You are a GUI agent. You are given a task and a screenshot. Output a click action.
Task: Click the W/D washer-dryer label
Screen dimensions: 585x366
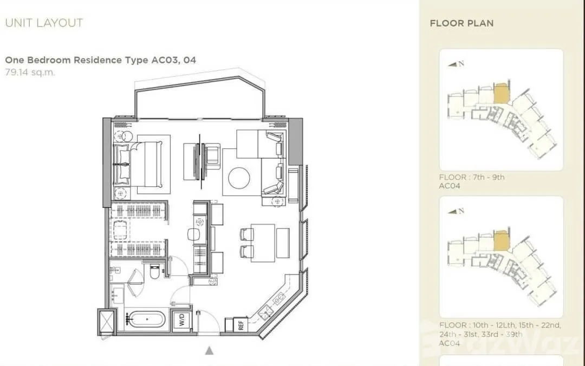pyautogui.click(x=182, y=320)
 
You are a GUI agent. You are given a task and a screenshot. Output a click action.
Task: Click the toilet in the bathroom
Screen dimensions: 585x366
pyautogui.click(x=154, y=271)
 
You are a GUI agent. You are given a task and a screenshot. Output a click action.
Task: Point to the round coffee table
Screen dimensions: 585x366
pyautogui.click(x=239, y=178)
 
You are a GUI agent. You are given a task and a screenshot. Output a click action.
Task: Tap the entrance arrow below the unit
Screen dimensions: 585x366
pyautogui.click(x=209, y=350)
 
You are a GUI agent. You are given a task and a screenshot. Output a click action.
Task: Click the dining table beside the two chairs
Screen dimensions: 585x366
pyautogui.click(x=263, y=243)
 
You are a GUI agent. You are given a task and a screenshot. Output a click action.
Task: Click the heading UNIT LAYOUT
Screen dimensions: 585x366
pyautogui.click(x=44, y=23)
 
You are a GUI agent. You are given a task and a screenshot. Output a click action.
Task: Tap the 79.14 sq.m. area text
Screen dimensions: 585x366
pyautogui.click(x=30, y=72)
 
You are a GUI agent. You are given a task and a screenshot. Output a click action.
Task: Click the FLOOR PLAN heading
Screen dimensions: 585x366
pyautogui.click(x=461, y=23)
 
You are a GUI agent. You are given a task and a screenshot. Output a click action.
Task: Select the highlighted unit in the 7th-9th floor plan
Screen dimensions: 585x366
pyautogui.click(x=502, y=93)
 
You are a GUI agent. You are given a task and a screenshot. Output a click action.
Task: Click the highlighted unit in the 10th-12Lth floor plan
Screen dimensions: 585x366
pyautogui.click(x=502, y=240)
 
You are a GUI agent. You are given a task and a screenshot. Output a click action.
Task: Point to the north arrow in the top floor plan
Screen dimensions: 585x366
pyautogui.click(x=452, y=64)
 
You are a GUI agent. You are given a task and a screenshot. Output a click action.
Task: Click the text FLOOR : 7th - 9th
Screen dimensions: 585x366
pyautogui.click(x=472, y=177)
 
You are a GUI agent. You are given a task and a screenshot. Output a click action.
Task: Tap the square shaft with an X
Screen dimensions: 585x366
pyautogui.click(x=106, y=321)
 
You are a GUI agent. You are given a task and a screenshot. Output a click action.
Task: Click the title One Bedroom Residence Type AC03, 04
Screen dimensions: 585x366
pyautogui.click(x=100, y=60)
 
